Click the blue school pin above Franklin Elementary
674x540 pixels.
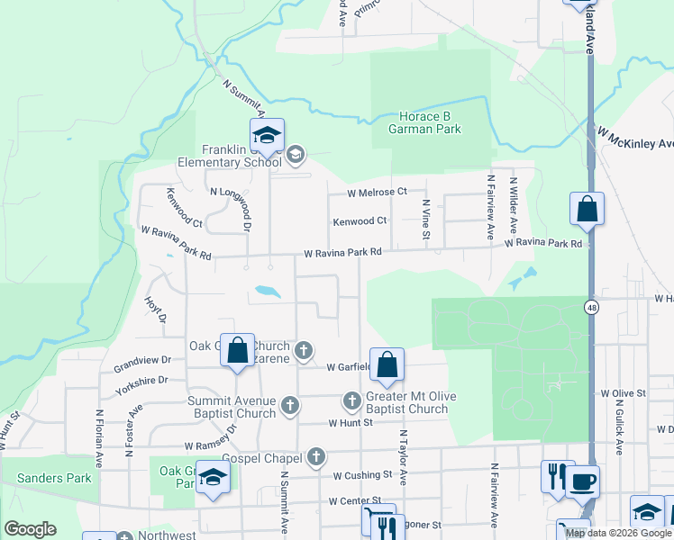pos(267,136)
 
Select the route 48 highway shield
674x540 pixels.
pos(590,307)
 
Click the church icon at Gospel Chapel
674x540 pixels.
pos(315,457)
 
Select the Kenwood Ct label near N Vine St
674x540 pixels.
pos(360,220)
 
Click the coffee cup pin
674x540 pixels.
pos(583,481)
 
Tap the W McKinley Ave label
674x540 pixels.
pos(635,138)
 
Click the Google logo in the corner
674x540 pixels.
pos(30,528)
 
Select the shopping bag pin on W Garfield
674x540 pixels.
pos(387,365)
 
